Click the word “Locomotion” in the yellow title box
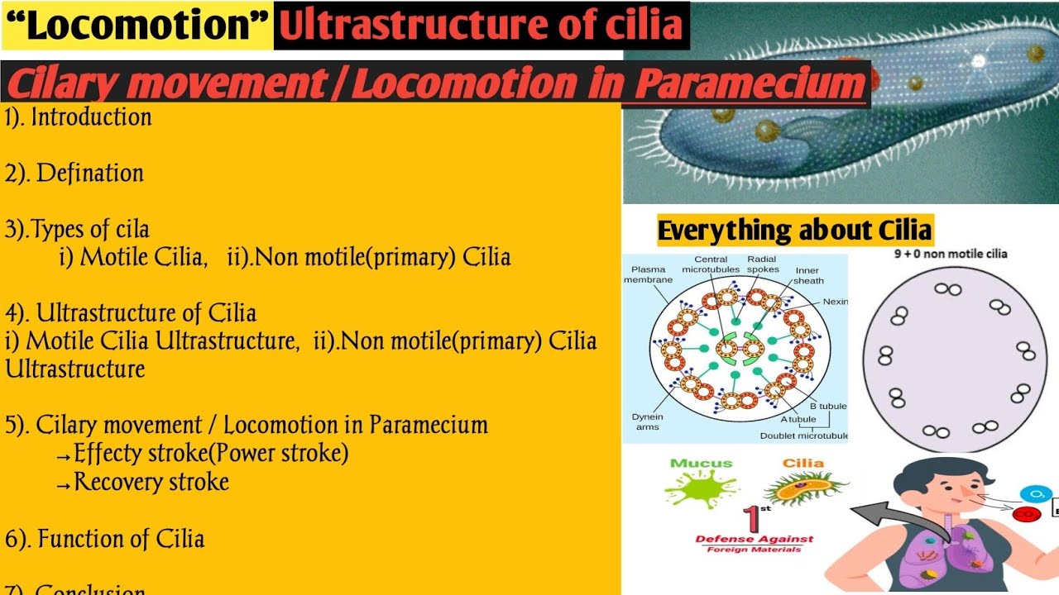(137, 26)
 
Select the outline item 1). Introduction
(79, 117)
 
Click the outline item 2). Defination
(75, 174)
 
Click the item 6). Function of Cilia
(105, 540)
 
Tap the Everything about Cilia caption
(794, 230)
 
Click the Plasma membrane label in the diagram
(648, 274)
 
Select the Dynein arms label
(647, 421)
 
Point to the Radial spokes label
(762, 264)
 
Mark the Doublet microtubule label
(804, 436)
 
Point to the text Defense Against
(754, 539)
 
